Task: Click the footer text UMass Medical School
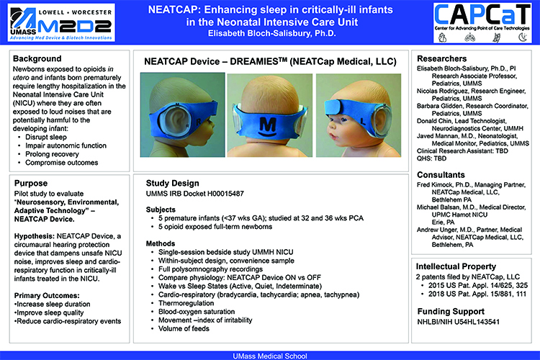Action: (270, 355)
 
